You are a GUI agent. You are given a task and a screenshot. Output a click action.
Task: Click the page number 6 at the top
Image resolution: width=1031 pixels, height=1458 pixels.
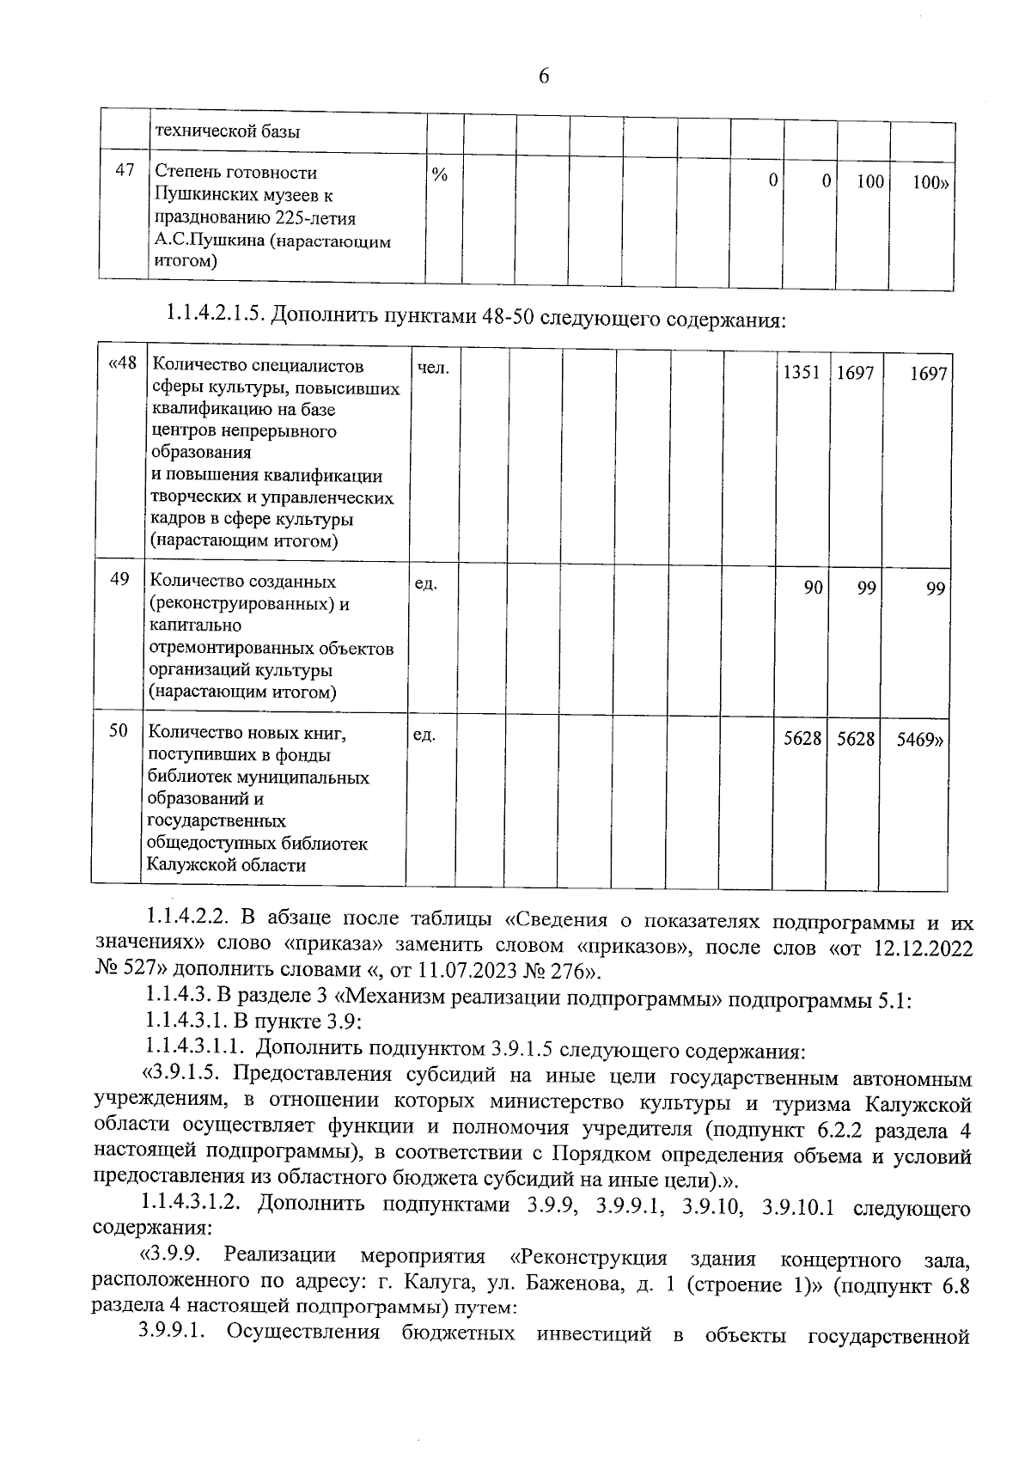coord(543,76)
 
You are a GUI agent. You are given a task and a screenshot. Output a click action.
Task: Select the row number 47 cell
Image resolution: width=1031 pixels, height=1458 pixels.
coord(125,170)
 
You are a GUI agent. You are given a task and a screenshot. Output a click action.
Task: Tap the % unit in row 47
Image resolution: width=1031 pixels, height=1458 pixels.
coord(440,175)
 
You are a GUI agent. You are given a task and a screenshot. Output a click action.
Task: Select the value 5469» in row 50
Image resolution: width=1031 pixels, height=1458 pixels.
coord(920,739)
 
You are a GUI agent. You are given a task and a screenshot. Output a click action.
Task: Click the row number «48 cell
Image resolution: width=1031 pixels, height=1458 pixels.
coord(122,364)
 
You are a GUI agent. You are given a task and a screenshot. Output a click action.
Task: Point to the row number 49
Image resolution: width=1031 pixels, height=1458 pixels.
coord(120,579)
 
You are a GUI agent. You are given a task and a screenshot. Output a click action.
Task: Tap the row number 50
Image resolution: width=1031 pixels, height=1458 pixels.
coord(119,730)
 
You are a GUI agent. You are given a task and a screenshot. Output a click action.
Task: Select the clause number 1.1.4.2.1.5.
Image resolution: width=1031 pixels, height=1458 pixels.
coord(212,318)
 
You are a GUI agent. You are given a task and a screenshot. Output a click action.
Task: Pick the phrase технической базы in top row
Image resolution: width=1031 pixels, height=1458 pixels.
coord(227,131)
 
